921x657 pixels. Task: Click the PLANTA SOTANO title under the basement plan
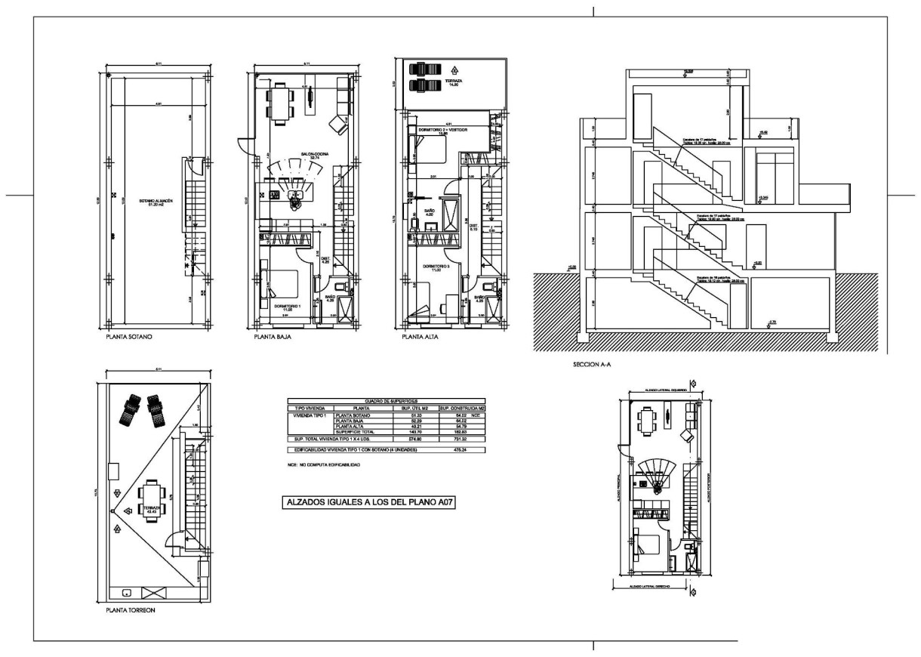129,338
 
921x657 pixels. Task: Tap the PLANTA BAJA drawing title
275,338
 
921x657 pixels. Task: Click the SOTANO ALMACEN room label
156,202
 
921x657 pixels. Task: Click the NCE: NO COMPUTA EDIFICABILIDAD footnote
318,464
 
